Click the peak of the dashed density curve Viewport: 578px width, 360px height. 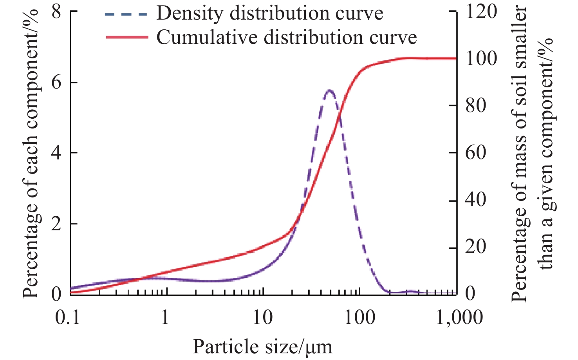tap(329, 90)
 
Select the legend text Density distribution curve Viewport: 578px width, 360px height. tap(269, 13)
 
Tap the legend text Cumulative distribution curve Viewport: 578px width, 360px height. tap(286, 38)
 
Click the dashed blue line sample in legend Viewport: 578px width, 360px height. tap(126, 14)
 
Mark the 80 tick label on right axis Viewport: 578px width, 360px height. tap(476, 106)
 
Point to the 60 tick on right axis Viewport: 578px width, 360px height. tap(476, 153)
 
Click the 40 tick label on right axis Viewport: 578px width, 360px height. tap(476, 200)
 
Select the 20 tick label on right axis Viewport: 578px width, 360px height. tap(476, 247)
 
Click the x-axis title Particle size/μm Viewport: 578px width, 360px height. tap(262, 347)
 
